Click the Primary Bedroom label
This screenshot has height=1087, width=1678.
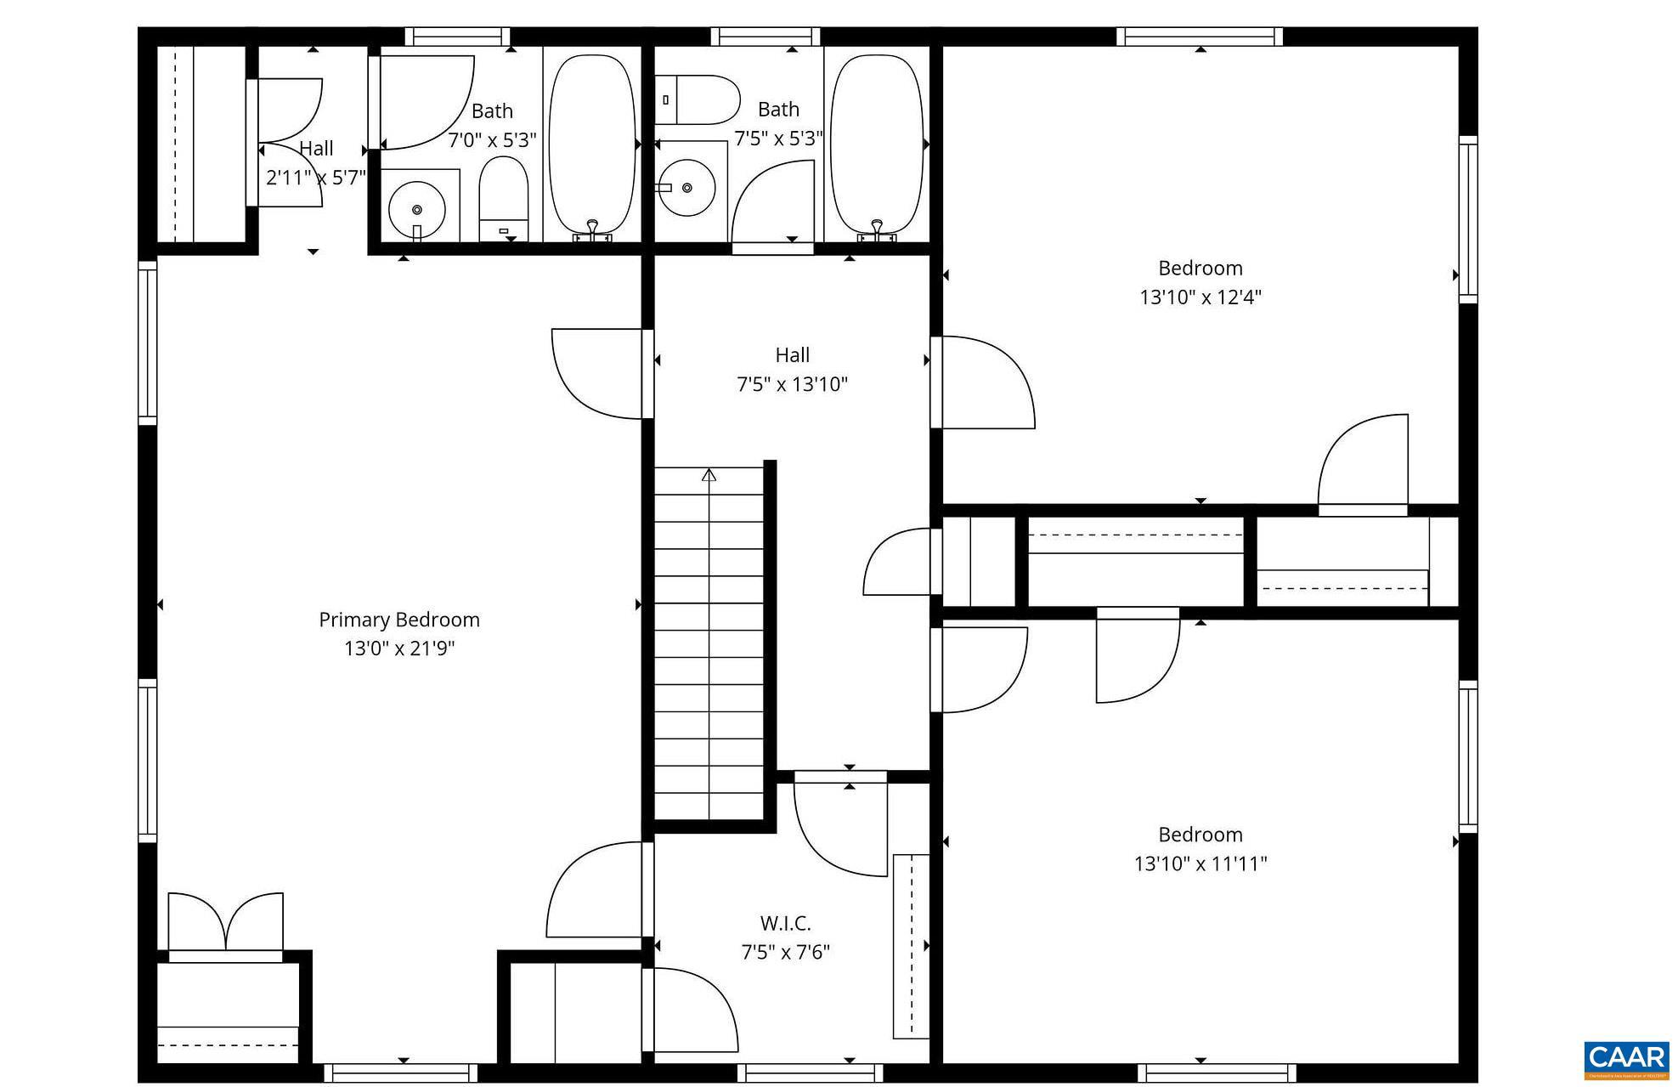(x=398, y=620)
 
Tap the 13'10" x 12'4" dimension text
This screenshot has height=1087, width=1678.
(x=1200, y=297)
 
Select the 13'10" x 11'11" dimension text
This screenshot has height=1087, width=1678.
(x=1200, y=864)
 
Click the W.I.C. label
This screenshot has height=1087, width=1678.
(x=785, y=923)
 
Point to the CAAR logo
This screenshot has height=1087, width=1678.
(x=1626, y=1059)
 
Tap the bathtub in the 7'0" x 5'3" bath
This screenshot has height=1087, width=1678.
(x=592, y=143)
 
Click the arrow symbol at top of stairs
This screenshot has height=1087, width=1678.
(x=709, y=475)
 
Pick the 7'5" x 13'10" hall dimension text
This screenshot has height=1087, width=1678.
(x=792, y=384)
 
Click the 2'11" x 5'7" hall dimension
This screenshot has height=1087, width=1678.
(x=315, y=178)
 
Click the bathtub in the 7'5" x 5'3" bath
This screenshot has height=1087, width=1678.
(x=876, y=143)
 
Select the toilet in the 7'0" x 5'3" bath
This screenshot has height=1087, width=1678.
(x=503, y=197)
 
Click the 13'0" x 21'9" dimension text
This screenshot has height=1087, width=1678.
(x=398, y=649)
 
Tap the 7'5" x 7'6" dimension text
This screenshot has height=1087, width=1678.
(x=785, y=952)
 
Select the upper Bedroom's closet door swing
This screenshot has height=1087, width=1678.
(x=1362, y=461)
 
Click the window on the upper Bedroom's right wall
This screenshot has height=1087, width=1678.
(x=1468, y=219)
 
